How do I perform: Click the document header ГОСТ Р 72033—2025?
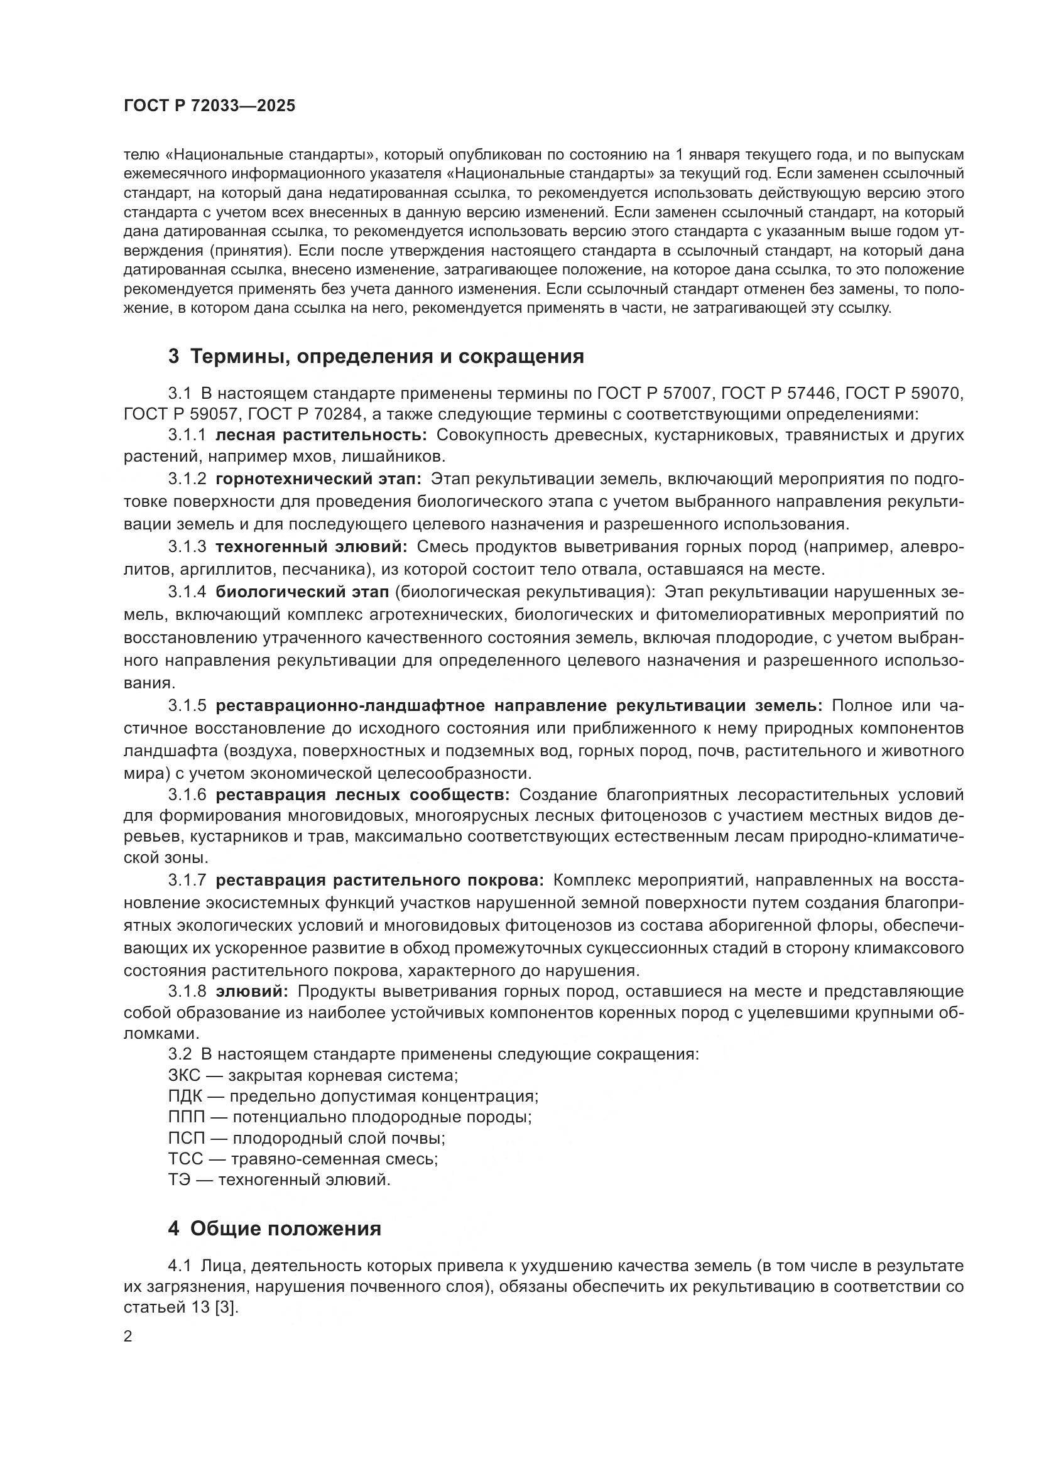coord(209,106)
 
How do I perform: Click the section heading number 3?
coord(173,356)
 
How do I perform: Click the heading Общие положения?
coord(285,1228)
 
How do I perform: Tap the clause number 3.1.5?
coord(187,706)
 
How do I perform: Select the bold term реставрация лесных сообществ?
coord(362,794)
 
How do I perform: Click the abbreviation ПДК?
coord(185,1097)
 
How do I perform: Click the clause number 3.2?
coord(180,1054)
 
